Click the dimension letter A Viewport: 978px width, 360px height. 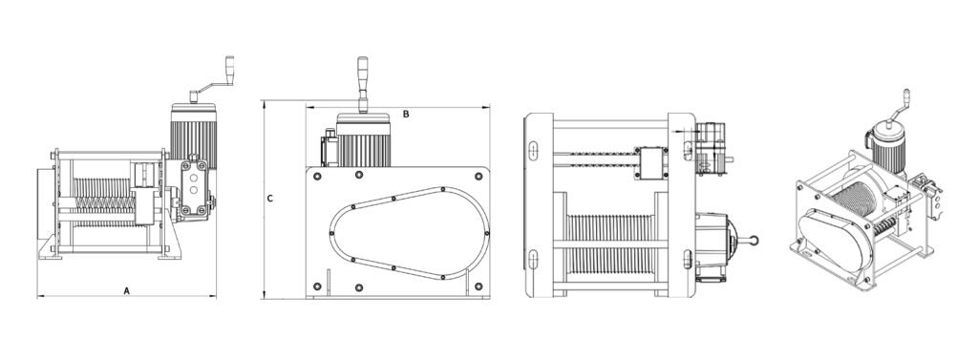pos(127,290)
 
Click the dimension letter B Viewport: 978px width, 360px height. pos(406,115)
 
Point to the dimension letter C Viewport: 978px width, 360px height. pos(269,199)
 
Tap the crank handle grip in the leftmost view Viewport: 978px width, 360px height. pos(229,66)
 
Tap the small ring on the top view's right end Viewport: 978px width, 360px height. pos(754,241)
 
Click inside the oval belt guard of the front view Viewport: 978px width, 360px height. pos(409,233)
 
